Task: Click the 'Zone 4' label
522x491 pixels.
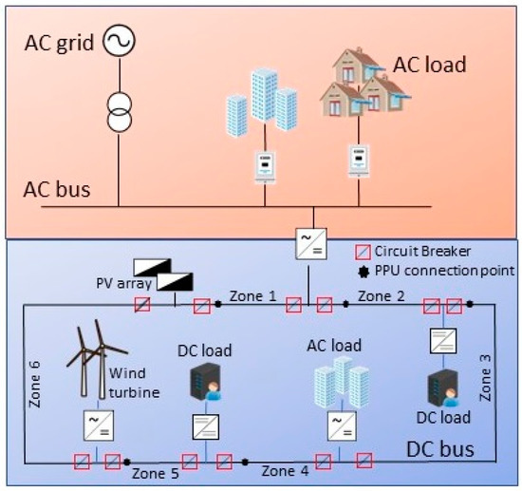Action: click(x=286, y=470)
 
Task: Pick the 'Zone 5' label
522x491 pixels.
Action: click(x=156, y=471)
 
